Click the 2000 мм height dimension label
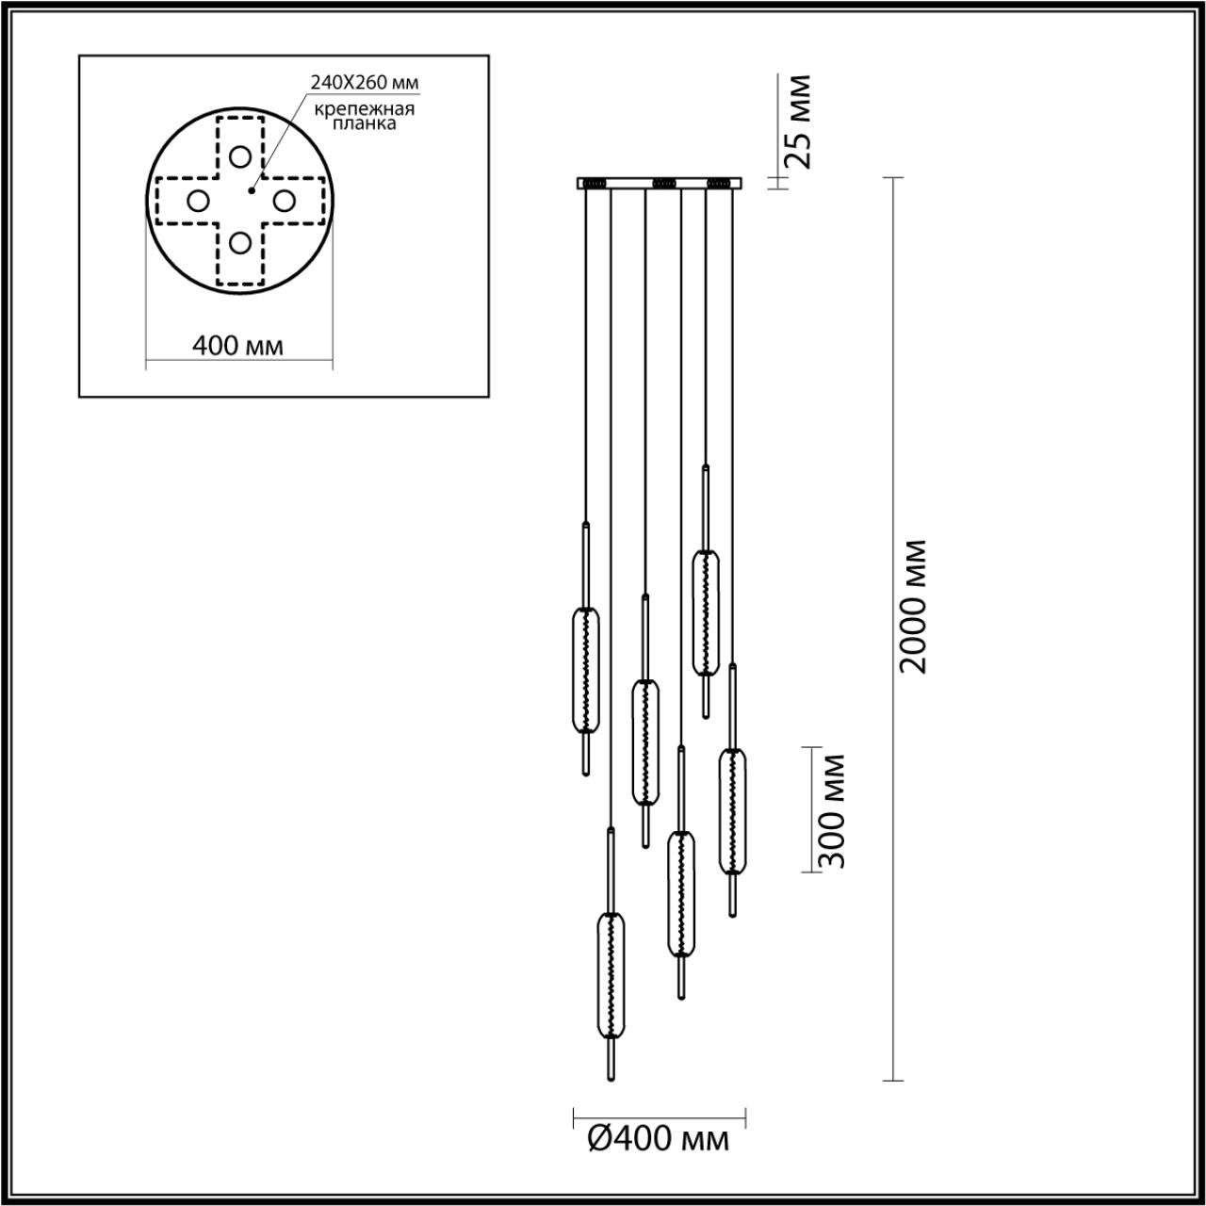[x=912, y=606]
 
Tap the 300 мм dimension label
[x=830, y=810]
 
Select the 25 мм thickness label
[x=797, y=121]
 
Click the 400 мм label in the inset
[x=237, y=346]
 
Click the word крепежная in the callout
[x=364, y=108]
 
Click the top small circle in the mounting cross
[x=241, y=155]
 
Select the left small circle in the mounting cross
[x=198, y=200]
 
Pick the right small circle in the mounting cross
[x=284, y=200]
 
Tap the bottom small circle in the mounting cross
[x=241, y=243]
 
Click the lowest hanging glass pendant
[x=611, y=974]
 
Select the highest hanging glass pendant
[x=705, y=612]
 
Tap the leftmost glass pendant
[x=585, y=670]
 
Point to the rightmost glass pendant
[x=732, y=811]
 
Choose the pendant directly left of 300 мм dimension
[x=732, y=811]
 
